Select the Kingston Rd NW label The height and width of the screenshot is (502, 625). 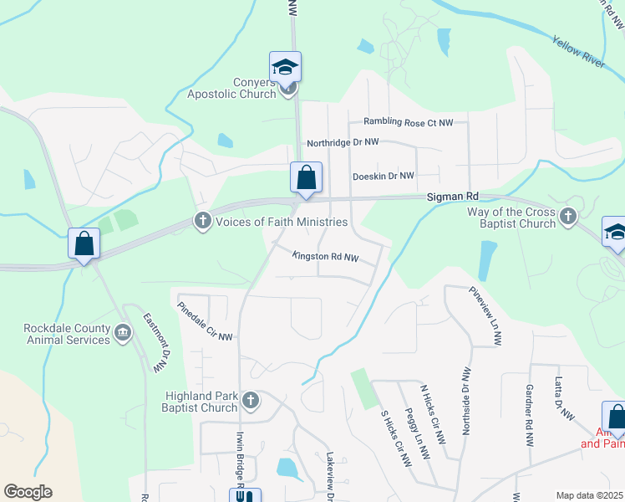click(x=325, y=257)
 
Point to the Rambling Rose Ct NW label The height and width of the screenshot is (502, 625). click(x=408, y=123)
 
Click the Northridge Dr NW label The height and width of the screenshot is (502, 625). click(x=343, y=143)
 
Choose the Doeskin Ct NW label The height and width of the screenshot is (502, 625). click(x=384, y=176)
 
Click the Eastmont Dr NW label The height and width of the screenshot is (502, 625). click(x=155, y=343)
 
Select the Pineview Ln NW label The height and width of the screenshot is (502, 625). click(x=485, y=317)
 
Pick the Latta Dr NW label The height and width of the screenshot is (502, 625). click(x=565, y=398)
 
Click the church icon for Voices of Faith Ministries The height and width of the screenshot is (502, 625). click(x=202, y=222)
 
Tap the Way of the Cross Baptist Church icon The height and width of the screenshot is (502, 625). click(x=568, y=218)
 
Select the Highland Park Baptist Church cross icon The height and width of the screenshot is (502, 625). click(x=249, y=402)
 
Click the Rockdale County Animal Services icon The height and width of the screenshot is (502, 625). click(x=123, y=333)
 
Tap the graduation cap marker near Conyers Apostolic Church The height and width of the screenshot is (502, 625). click(x=285, y=67)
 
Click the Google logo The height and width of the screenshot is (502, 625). click(x=28, y=492)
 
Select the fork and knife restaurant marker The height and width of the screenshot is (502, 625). click(x=245, y=496)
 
